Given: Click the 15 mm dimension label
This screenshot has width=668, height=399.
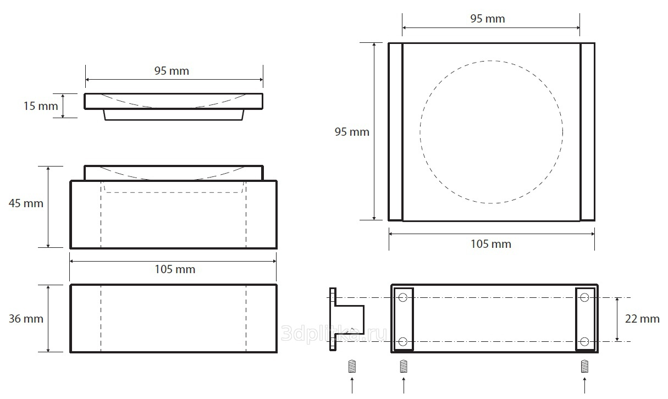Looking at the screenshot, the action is [41, 106].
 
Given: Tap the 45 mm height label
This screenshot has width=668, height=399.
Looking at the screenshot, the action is [26, 203].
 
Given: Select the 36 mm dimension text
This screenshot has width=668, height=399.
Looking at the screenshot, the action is [26, 319].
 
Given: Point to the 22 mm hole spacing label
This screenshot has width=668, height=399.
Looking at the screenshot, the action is [642, 319].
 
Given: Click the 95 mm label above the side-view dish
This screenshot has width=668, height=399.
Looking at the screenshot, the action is [172, 71].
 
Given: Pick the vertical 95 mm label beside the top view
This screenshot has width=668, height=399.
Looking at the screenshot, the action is [352, 132].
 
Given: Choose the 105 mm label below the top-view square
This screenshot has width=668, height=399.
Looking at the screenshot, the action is [491, 244].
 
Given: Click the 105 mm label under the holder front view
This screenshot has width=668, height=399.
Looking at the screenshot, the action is [175, 269].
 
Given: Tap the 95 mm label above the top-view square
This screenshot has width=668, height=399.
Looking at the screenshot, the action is [488, 19].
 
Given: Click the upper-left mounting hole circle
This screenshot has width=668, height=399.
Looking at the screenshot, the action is [402, 297].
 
